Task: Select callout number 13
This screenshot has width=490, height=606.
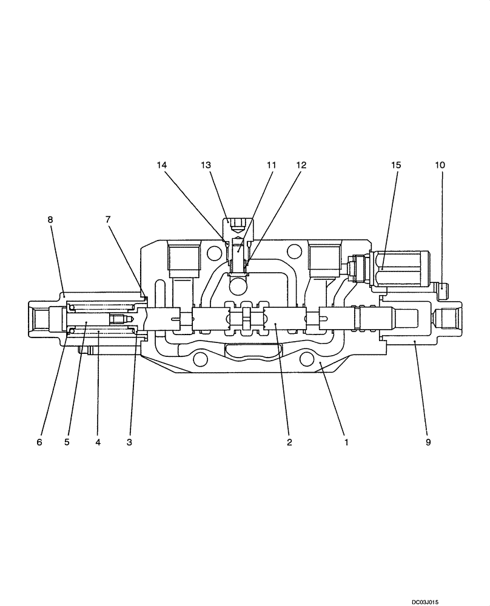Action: [206, 165]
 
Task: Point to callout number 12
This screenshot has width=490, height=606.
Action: [301, 165]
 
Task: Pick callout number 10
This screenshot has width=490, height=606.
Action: [440, 165]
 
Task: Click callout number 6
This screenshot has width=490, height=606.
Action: [39, 442]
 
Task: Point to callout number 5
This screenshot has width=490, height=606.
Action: [67, 442]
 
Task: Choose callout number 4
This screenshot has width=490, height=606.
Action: [98, 442]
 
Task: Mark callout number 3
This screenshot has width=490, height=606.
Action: [129, 442]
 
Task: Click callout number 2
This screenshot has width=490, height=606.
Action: [289, 442]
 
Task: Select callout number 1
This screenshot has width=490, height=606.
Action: [346, 442]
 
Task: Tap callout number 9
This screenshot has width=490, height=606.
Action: [428, 442]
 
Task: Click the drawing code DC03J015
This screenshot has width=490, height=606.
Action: [432, 601]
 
